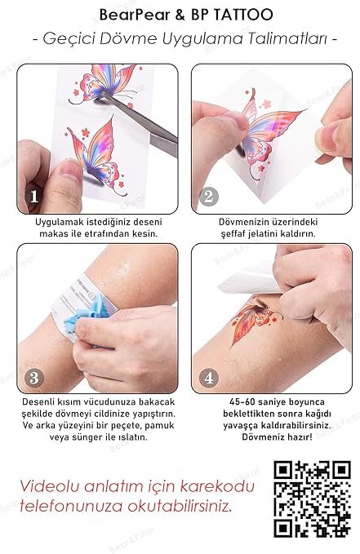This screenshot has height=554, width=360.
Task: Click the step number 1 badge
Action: click(34, 197)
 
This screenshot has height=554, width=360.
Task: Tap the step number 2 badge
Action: click(209, 197)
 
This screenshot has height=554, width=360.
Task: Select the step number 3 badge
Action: click(34, 378)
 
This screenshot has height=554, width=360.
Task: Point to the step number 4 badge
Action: click(209, 378)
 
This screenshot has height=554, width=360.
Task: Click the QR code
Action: click(312, 499)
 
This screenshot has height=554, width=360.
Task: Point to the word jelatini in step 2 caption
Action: click(261, 234)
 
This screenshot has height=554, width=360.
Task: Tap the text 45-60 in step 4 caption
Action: click(242, 401)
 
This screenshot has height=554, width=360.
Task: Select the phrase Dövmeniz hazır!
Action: click(277, 437)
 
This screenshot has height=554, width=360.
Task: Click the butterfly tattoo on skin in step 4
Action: click(256, 320)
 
